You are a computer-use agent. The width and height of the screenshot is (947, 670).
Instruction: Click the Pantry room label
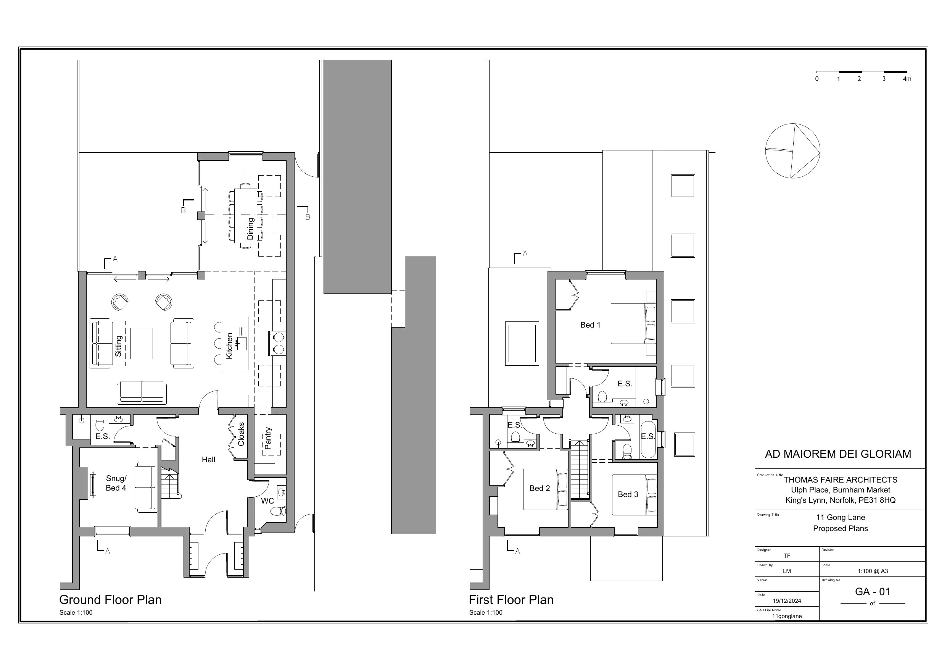tap(268, 438)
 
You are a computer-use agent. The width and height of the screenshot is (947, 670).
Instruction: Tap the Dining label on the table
tap(250, 229)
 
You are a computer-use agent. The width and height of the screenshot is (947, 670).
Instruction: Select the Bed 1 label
tap(590, 325)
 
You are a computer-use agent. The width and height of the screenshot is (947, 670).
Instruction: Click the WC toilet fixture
tap(279, 512)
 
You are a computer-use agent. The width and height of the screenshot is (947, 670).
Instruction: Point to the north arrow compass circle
tap(792, 151)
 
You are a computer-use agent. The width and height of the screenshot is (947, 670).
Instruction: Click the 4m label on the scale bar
tap(907, 79)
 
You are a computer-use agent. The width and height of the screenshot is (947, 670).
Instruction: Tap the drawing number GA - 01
tap(872, 592)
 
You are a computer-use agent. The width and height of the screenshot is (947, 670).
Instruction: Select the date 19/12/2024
tap(786, 601)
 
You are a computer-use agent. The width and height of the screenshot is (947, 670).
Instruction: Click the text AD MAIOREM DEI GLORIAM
tap(838, 454)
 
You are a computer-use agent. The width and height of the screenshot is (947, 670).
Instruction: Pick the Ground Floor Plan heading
tap(110, 599)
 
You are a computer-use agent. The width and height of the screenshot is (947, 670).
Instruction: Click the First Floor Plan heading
tap(511, 599)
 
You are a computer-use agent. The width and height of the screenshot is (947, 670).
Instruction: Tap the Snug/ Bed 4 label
tap(116, 483)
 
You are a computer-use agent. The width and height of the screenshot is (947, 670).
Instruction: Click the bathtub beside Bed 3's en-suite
tap(647, 440)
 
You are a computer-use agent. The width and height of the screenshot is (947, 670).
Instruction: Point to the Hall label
tap(208, 460)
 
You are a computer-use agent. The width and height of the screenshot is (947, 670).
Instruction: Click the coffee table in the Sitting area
tap(142, 344)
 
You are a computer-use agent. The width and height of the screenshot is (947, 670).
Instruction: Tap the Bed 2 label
tap(540, 488)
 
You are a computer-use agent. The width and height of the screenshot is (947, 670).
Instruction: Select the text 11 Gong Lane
tap(840, 517)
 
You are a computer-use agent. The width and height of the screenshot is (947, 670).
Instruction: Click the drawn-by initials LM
tap(786, 571)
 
